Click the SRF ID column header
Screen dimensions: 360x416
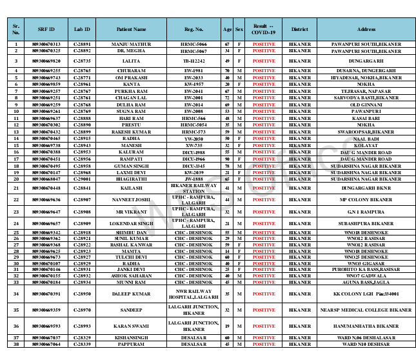(46, 30)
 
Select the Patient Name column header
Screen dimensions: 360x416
(131, 30)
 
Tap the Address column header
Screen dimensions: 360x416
(366, 30)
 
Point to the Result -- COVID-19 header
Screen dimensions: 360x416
(263, 30)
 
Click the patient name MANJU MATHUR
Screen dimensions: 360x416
(131, 44)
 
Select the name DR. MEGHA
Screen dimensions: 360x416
(131, 50)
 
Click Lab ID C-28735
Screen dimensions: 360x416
(82, 60)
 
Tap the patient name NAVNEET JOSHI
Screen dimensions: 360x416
(131, 200)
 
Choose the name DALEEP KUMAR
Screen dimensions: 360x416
(131, 294)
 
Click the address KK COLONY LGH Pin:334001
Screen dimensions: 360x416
(366, 294)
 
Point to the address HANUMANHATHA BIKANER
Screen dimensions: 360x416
(366, 326)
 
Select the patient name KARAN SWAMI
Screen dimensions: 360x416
(131, 326)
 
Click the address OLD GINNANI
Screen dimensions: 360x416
(366, 105)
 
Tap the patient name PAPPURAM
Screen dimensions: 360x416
(131, 344)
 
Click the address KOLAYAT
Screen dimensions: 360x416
(366, 145)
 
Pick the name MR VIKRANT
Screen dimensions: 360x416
(131, 212)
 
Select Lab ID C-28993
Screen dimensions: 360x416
(82, 326)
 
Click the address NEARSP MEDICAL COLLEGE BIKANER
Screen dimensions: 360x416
(366, 310)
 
